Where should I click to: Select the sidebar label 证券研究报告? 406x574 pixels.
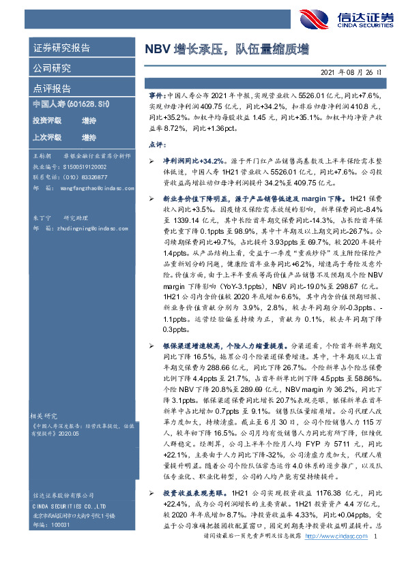[x=61, y=48]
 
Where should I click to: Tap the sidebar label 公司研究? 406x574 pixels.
[x=52, y=68]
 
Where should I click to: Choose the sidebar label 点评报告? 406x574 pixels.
[x=52, y=89]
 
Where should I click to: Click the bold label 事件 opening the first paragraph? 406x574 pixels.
[x=155, y=99]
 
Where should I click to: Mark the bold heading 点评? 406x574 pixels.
[x=155, y=145]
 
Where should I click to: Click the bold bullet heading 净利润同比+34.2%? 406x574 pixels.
[x=191, y=159]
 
